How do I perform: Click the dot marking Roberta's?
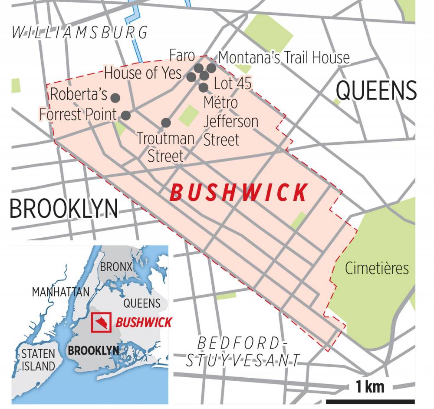click(x=115, y=97)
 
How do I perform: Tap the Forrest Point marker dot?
click(x=125, y=115)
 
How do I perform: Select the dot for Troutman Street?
click(x=166, y=123)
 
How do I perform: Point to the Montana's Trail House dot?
click(x=211, y=68)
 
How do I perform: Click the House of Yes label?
click(x=143, y=73)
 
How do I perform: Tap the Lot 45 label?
click(x=233, y=83)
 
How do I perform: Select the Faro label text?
click(x=182, y=56)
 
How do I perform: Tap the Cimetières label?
click(x=377, y=269)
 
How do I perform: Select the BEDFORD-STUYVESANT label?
click(x=243, y=351)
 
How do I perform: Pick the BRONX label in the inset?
click(x=116, y=267)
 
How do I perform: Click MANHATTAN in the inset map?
click(x=60, y=292)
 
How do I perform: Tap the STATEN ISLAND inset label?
click(x=39, y=359)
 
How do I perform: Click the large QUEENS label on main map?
click(x=376, y=91)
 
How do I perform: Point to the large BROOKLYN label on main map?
click(x=64, y=209)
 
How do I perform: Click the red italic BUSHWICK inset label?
click(x=144, y=323)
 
